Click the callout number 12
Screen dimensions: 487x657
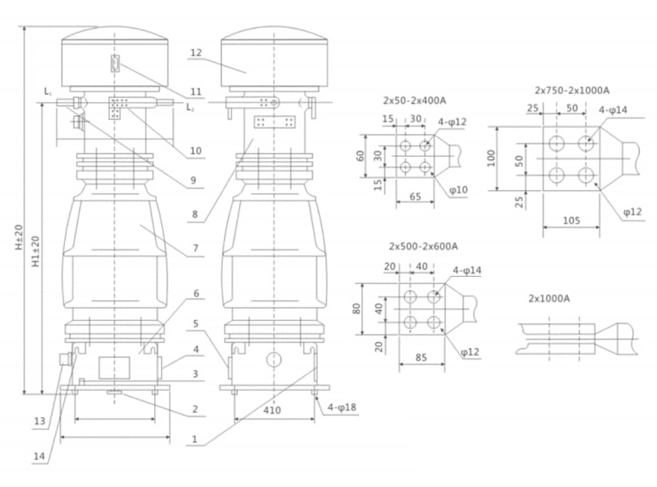[x=195, y=53]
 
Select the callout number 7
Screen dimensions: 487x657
[x=196, y=248]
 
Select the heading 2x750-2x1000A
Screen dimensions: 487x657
[x=572, y=90]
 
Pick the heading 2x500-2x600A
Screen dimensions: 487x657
[x=423, y=246]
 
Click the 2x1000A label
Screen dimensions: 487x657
[x=549, y=299]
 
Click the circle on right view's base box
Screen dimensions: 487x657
[x=274, y=359]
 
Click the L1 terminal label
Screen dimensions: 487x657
[x=48, y=91]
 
